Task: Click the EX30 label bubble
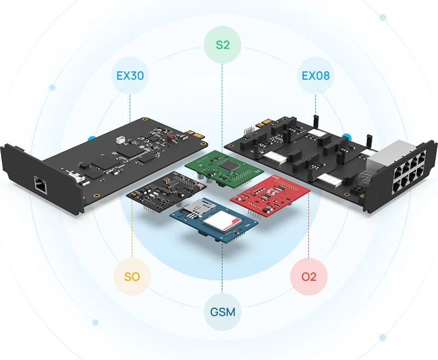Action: coord(130,75)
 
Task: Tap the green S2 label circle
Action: coord(222,45)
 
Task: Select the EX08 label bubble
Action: coord(316,75)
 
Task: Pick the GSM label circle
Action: coord(222,312)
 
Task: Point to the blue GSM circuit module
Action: coord(214,219)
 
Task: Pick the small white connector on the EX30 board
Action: coord(118,140)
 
